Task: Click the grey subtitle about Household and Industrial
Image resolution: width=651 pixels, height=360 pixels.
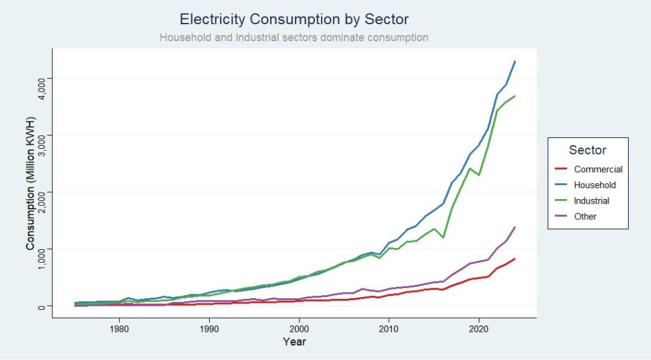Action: coord(294,38)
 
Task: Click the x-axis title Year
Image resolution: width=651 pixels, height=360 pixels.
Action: coord(295,342)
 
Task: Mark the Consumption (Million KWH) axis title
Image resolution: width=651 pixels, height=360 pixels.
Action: coord(30,183)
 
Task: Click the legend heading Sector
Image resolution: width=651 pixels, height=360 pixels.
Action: coord(587,151)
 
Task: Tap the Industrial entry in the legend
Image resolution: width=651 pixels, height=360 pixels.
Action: coord(591,201)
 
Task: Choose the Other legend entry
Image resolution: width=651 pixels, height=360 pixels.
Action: coord(585,216)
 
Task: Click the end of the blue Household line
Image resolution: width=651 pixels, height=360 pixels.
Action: coord(515,61)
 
